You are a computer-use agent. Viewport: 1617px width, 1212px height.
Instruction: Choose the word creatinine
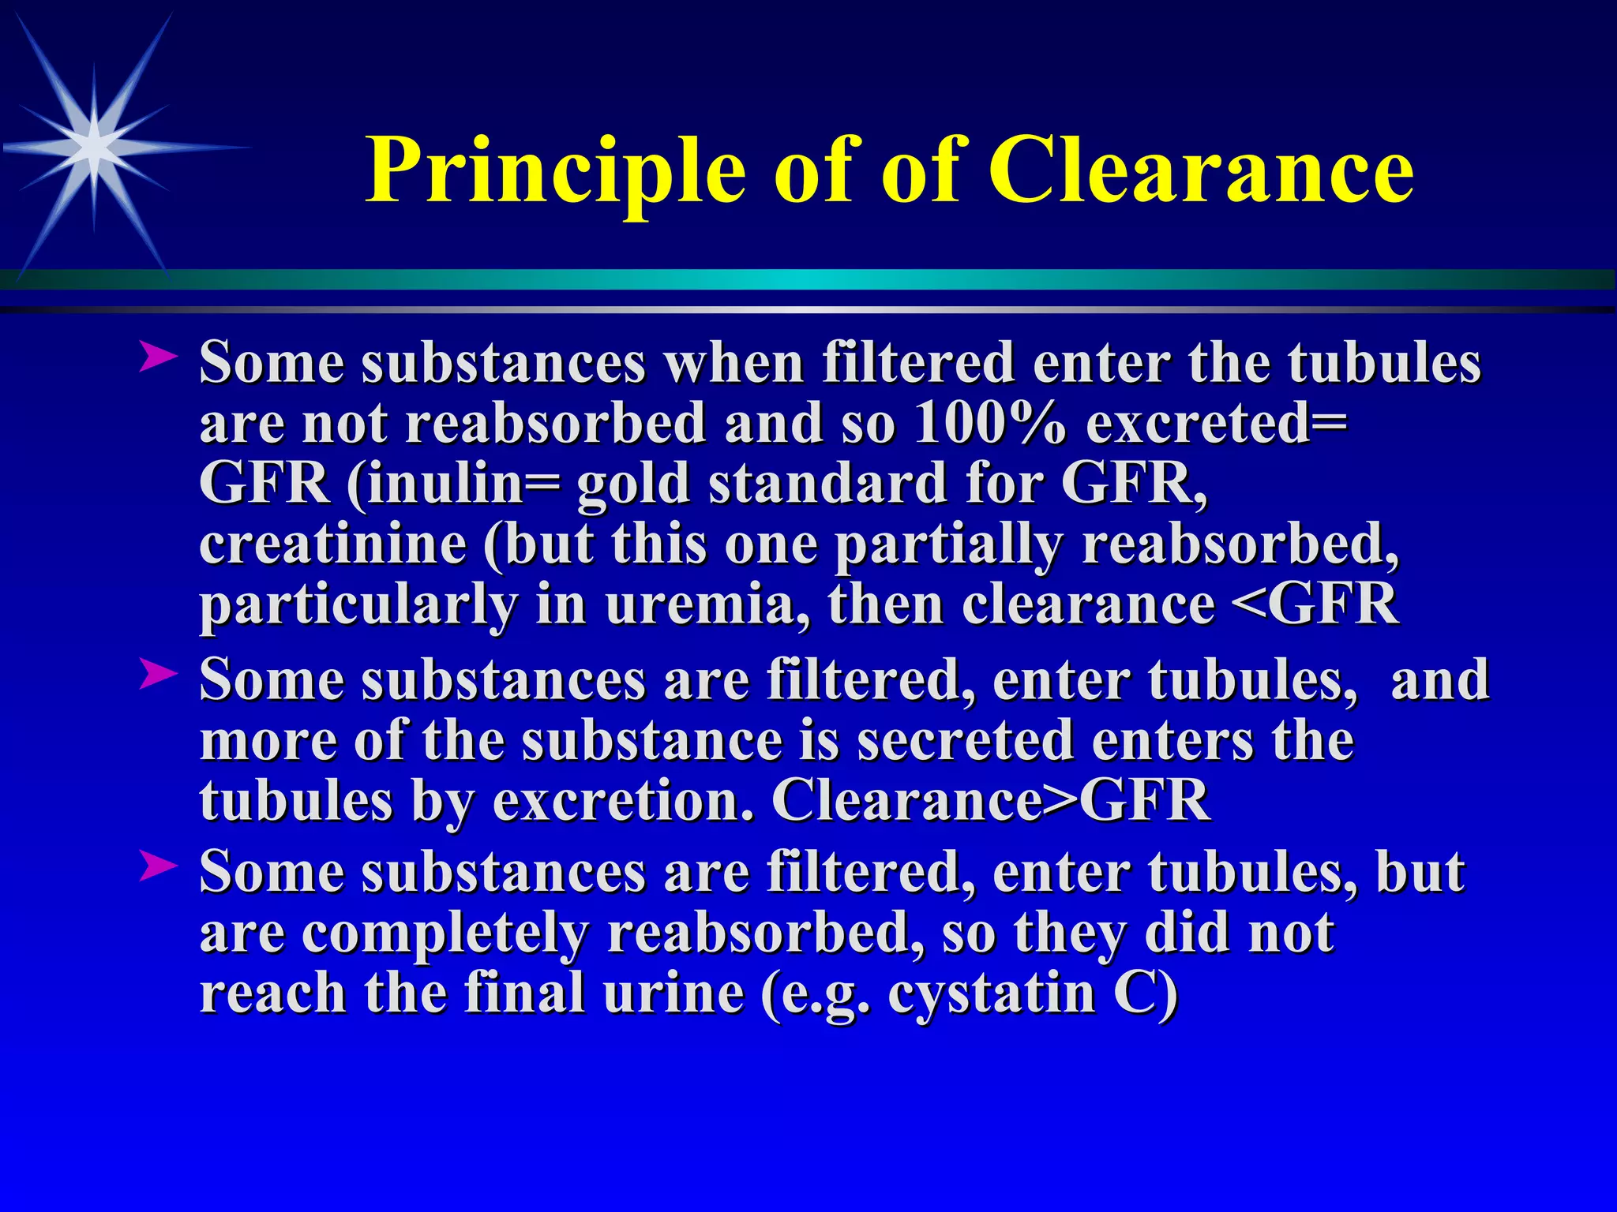click(332, 544)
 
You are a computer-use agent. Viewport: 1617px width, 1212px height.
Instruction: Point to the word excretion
click(624, 800)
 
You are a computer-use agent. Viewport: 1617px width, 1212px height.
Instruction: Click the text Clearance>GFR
click(990, 800)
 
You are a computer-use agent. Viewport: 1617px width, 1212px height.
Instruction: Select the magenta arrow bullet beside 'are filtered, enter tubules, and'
click(157, 675)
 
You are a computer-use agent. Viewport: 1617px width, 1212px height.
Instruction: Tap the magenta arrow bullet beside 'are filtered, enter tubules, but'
click(157, 867)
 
